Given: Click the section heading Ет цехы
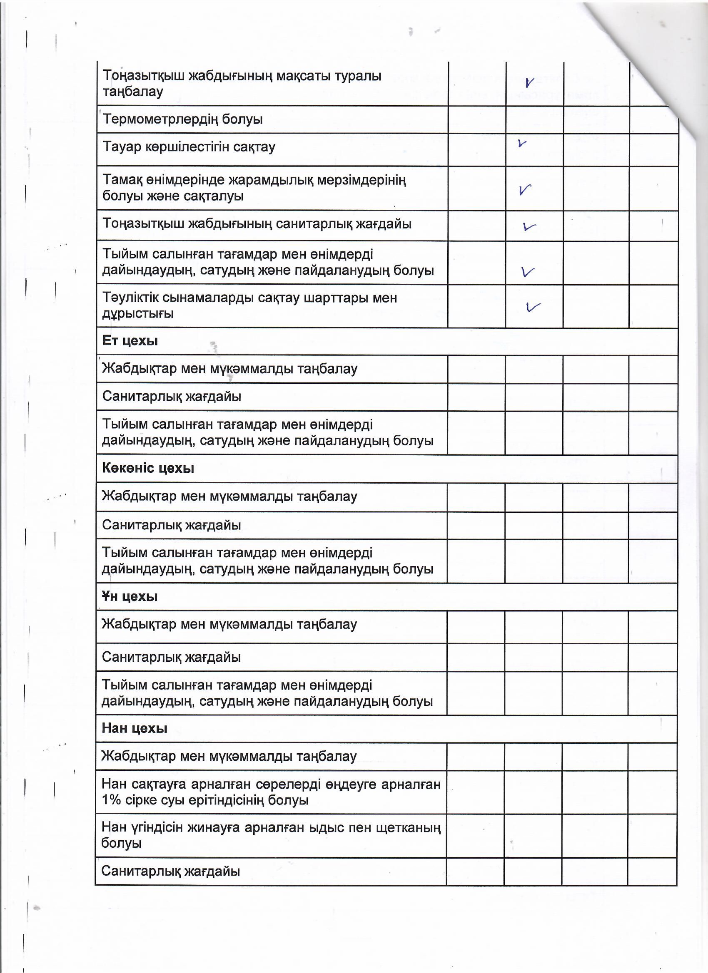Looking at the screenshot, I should (x=130, y=341).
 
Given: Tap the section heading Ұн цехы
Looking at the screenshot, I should (x=129, y=596).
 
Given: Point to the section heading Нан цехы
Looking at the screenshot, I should (x=134, y=728).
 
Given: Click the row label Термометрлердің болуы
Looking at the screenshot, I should (x=182, y=119).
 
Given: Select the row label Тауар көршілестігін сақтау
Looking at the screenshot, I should (x=189, y=147).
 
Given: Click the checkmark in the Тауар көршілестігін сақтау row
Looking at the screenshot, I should (x=522, y=144).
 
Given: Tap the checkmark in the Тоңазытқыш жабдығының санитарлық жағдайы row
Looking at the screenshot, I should (x=529, y=226).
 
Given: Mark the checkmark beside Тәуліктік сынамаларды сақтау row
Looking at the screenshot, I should (x=532, y=306).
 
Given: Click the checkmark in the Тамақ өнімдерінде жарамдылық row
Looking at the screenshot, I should (x=525, y=190).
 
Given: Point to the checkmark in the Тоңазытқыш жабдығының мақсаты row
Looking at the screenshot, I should (x=529, y=82).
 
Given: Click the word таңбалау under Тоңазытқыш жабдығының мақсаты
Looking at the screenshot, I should (x=133, y=92).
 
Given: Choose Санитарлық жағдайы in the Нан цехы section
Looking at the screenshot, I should (x=170, y=871).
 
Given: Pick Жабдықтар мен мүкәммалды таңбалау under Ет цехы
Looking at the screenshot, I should (x=229, y=369).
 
